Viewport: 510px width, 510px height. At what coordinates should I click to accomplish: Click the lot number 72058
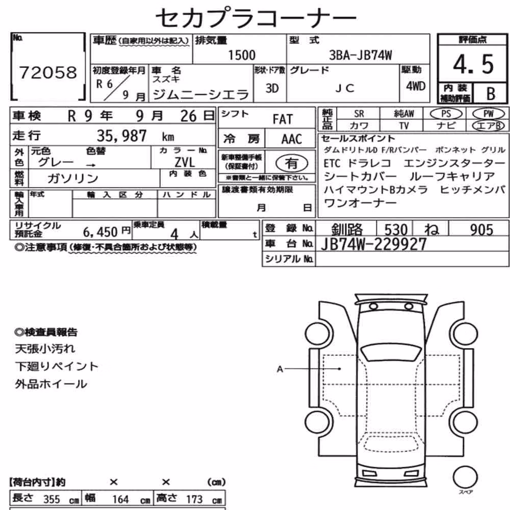(48, 72)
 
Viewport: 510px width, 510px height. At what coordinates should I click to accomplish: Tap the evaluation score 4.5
(473, 64)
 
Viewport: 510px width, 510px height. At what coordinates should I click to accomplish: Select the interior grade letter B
(491, 94)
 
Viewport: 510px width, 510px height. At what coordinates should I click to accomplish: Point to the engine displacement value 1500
(242, 55)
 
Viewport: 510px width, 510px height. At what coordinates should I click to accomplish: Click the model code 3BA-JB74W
(361, 55)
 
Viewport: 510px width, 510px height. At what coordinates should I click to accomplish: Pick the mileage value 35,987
(122, 136)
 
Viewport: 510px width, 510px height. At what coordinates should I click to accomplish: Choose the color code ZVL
(185, 162)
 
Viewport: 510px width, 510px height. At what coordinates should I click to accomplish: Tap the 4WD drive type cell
(415, 86)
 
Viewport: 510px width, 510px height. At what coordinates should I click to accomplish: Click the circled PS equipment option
(446, 114)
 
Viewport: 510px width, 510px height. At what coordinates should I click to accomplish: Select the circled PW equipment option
(488, 114)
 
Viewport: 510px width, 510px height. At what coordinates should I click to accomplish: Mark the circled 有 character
(291, 163)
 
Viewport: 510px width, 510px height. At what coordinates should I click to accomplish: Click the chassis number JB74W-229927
(373, 244)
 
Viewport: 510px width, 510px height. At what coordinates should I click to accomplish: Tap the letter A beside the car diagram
(279, 369)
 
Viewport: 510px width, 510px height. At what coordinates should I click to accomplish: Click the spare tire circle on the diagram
(465, 477)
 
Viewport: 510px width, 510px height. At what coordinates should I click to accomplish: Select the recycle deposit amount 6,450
(100, 232)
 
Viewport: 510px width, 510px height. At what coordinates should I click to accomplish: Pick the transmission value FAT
(283, 119)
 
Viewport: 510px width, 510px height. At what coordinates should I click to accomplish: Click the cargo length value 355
(52, 499)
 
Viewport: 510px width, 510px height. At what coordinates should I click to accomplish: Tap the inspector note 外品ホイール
(51, 384)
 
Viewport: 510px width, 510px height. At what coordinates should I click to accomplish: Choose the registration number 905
(481, 229)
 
